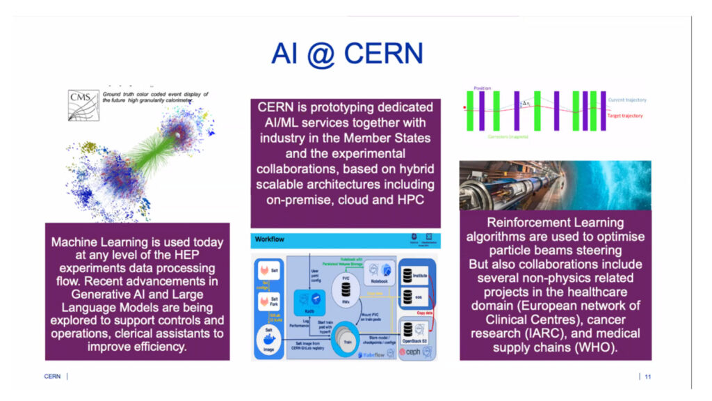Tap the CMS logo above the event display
tap(81, 98)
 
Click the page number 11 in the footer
tap(647, 377)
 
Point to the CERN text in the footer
tap(52, 377)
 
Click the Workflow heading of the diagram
tap(270, 238)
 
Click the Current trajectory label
tap(624, 101)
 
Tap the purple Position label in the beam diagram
tap(482, 88)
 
